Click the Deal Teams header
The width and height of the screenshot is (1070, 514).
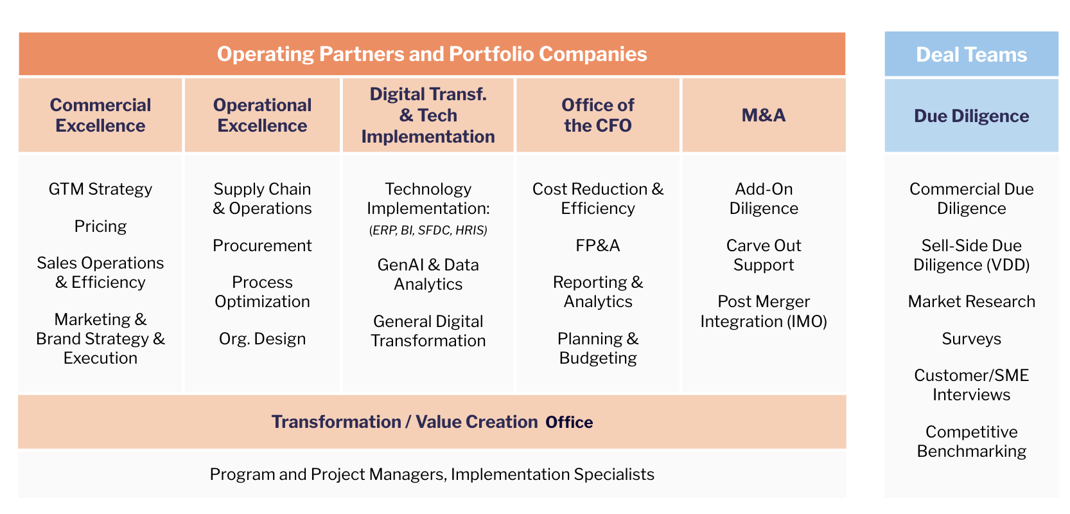click(971, 54)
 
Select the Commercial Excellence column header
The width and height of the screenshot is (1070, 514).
click(100, 115)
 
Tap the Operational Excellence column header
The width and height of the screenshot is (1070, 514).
click(262, 115)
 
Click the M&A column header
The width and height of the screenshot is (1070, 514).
click(764, 115)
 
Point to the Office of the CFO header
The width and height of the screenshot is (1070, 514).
click(597, 115)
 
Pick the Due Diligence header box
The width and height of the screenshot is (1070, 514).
click(971, 116)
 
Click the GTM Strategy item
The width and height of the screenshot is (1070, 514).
click(100, 189)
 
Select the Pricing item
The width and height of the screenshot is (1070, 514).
click(100, 226)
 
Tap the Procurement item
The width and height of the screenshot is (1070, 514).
click(262, 245)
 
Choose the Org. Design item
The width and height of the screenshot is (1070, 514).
click(262, 339)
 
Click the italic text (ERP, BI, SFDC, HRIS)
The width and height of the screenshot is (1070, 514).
click(428, 230)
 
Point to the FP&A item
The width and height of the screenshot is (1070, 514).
click(597, 245)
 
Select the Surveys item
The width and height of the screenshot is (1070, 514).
click(971, 339)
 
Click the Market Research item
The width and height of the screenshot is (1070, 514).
click(971, 301)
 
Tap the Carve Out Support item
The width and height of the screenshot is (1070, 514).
click(764, 255)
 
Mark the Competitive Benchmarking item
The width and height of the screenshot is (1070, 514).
click(971, 441)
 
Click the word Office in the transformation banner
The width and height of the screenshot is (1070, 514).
click(569, 422)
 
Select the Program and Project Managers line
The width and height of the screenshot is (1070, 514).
click(432, 474)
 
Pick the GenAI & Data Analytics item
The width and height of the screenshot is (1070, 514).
click(428, 274)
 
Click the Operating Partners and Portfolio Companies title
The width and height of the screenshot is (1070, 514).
click(432, 54)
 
